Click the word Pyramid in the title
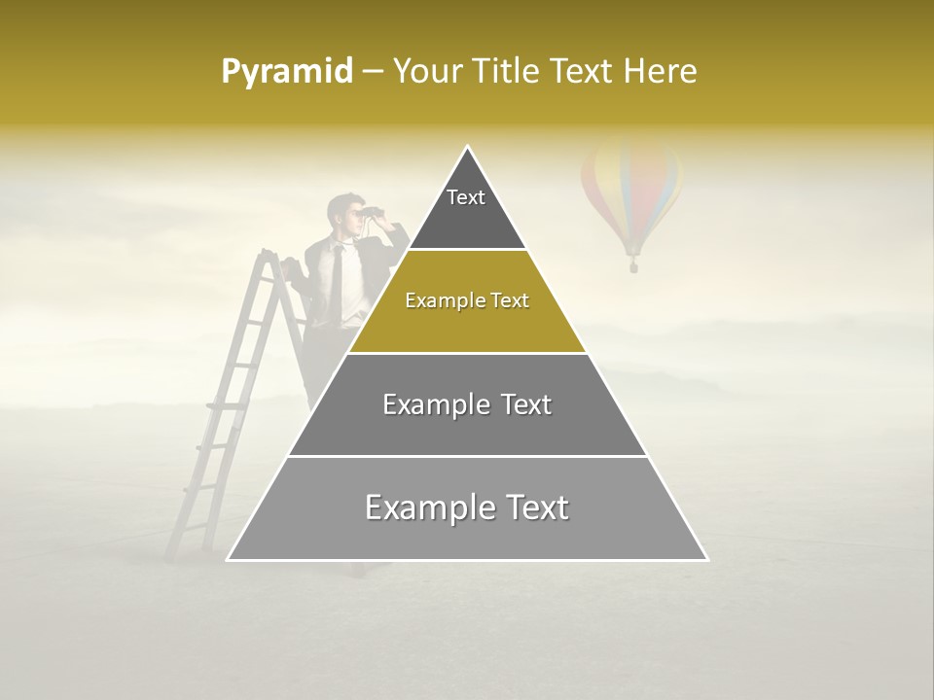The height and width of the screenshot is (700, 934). tap(286, 72)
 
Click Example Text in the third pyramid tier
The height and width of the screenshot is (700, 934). tap(467, 404)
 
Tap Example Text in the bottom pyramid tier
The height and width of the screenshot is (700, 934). tap(467, 507)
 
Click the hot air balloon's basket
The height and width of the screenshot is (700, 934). tap(633, 263)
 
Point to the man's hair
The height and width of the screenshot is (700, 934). tap(341, 202)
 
